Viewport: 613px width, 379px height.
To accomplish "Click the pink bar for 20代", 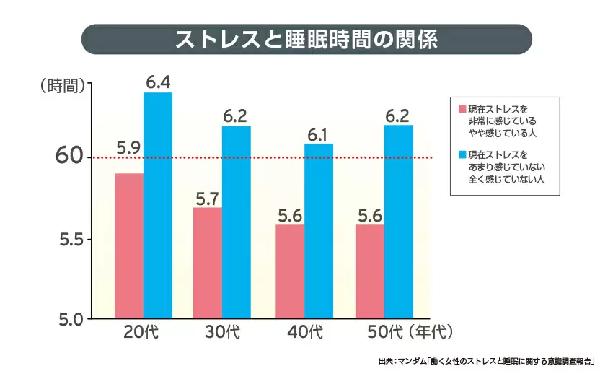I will click(129, 245).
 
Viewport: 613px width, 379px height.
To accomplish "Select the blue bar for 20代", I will click(158, 205).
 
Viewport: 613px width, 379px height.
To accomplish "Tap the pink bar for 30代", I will click(208, 263).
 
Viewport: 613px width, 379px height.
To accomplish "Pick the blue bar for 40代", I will click(319, 230).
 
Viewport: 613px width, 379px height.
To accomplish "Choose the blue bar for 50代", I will click(398, 221).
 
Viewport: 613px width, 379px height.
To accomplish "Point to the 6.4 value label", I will click(158, 82).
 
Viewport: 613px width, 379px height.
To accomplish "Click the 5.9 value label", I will click(128, 149).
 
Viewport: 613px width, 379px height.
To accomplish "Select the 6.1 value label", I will click(318, 134).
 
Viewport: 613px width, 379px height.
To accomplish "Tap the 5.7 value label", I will click(208, 196).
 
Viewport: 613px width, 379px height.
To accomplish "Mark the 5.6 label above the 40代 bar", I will click(290, 214).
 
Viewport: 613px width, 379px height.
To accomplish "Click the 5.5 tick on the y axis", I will click(73, 239).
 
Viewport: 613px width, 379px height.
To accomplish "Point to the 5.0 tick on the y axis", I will click(73, 318).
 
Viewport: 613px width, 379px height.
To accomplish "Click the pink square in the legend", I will click(461, 108).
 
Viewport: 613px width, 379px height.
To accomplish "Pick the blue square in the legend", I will click(461, 154).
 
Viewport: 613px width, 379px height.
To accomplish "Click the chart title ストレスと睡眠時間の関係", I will click(306, 39).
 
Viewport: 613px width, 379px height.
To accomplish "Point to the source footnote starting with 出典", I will click(490, 361).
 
